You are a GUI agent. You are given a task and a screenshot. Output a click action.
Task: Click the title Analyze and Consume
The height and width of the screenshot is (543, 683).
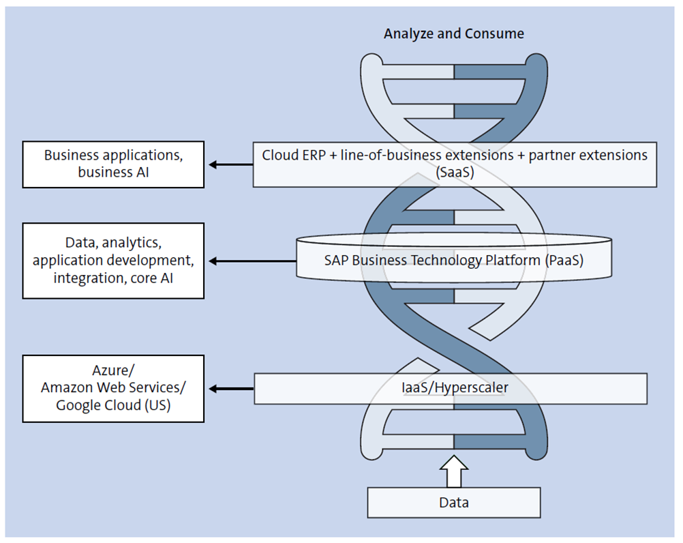click(453, 33)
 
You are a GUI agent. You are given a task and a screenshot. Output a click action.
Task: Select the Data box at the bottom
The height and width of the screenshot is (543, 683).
click(453, 503)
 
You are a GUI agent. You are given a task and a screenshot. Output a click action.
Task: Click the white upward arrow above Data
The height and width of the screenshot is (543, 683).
click(454, 471)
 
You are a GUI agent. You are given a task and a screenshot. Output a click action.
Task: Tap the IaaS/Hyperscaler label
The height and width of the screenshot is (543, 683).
click(453, 388)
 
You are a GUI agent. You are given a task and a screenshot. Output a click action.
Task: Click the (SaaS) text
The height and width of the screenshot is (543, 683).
click(455, 173)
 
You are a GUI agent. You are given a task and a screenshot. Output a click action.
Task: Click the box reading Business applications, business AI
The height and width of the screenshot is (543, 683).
click(113, 164)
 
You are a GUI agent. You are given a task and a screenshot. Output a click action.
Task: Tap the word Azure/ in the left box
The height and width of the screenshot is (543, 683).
click(113, 370)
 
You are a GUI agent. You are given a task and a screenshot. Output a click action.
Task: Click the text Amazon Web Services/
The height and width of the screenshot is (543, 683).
click(113, 387)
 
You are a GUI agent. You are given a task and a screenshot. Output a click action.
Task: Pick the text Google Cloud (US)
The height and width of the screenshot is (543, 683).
click(113, 405)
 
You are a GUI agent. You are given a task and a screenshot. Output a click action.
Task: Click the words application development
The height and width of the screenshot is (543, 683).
click(113, 261)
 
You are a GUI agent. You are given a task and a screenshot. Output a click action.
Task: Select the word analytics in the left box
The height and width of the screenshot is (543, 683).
click(130, 243)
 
